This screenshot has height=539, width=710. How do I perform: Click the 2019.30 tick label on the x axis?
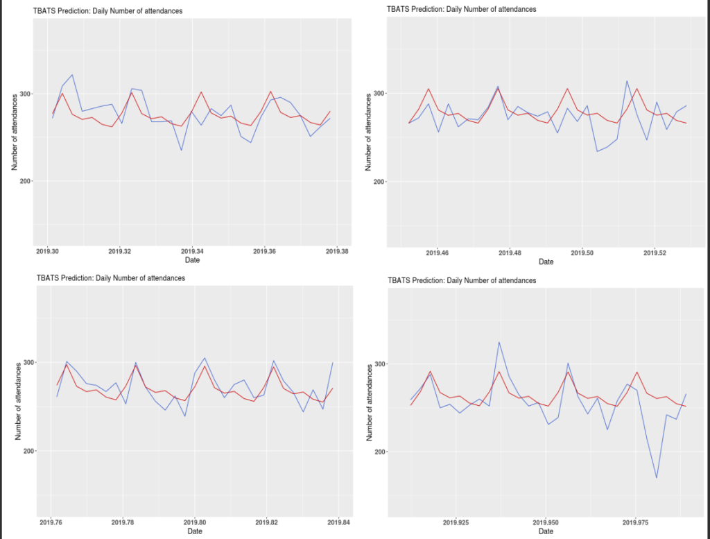pos(48,251)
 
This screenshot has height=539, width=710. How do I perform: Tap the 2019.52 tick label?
pos(655,253)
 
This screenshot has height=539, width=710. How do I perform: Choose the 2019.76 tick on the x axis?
pos(50,522)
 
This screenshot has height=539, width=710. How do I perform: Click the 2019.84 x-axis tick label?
pos(340,522)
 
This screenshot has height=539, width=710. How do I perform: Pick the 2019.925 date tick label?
pos(456,522)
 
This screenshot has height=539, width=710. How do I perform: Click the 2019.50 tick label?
pos(582,253)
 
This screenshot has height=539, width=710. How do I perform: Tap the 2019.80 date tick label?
pos(196,522)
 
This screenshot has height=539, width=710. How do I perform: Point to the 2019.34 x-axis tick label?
pos(192,251)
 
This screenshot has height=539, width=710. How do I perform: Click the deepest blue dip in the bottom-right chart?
pos(656,478)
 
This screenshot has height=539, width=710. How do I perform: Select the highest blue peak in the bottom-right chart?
pos(499,342)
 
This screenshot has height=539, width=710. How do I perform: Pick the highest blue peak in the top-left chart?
pos(72,75)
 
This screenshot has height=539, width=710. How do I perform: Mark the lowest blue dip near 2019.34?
pos(182,151)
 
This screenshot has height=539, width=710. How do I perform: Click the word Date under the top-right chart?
pos(546,262)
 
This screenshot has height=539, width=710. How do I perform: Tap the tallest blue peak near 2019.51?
pos(627,81)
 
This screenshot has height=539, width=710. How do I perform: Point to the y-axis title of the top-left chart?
pos(15,132)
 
